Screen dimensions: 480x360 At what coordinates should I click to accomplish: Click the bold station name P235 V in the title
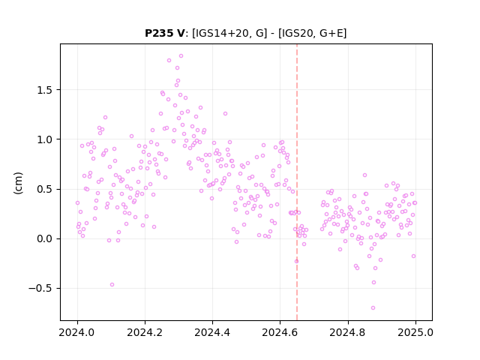165,33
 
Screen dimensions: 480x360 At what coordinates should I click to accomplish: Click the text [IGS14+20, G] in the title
229,33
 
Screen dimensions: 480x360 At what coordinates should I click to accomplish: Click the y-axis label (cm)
18,183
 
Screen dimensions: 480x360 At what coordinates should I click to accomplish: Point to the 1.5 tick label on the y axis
45,90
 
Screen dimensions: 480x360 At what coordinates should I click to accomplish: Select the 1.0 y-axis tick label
45,139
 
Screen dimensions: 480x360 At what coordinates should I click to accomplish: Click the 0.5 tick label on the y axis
45,189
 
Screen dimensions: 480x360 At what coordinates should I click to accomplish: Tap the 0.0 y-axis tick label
45,238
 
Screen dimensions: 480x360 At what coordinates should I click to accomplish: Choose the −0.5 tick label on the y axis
40,288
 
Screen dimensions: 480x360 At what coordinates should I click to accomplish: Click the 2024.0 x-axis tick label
77,332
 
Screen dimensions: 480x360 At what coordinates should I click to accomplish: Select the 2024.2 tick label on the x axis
145,332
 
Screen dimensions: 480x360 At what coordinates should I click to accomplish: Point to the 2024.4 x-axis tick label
212,332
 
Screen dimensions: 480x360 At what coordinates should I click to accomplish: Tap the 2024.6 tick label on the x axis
280,332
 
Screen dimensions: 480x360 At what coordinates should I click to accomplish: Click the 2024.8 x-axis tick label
348,332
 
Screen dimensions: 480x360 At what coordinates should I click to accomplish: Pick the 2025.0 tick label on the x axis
415,332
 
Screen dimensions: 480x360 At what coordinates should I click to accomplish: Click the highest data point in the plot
181,56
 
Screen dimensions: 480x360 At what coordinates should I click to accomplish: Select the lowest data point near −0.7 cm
373,308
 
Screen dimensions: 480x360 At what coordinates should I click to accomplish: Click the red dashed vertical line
297,182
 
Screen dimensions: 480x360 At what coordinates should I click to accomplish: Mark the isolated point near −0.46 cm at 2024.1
112,285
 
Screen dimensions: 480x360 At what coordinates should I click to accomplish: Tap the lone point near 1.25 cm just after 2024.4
225,113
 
